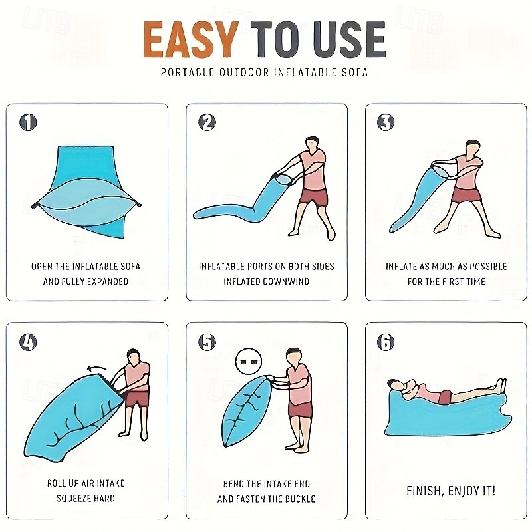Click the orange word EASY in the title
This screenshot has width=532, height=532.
tap(191, 40)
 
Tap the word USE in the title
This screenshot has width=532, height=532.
tap(350, 40)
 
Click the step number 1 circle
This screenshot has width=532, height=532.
tap(28, 122)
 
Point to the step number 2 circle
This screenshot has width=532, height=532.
tap(207, 122)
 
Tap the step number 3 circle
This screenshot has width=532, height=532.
tap(386, 122)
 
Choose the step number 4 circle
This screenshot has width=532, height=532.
tap(28, 342)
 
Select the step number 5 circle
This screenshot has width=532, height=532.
tap(207, 342)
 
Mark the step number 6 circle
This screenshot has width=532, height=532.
tap(386, 342)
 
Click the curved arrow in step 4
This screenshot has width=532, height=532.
tap(96, 368)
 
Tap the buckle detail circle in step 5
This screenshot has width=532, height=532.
tap(249, 362)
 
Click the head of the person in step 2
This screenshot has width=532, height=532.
tap(312, 144)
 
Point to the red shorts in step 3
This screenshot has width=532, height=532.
tap(467, 195)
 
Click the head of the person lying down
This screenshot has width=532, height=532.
tap(395, 385)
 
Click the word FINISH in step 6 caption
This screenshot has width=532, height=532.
tap(424, 491)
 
